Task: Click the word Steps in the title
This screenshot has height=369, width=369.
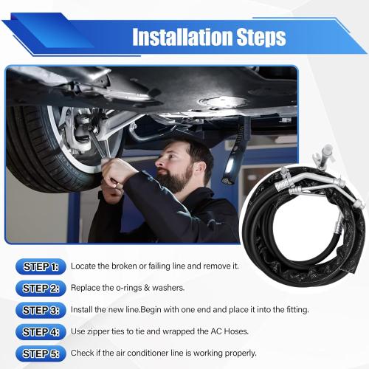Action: (260, 37)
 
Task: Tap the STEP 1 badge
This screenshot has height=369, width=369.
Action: (40, 266)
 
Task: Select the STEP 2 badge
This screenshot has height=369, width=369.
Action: (40, 288)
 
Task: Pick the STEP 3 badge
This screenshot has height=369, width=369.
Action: (40, 309)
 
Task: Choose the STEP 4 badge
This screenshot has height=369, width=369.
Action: (40, 331)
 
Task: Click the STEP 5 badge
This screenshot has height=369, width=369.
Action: (40, 353)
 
